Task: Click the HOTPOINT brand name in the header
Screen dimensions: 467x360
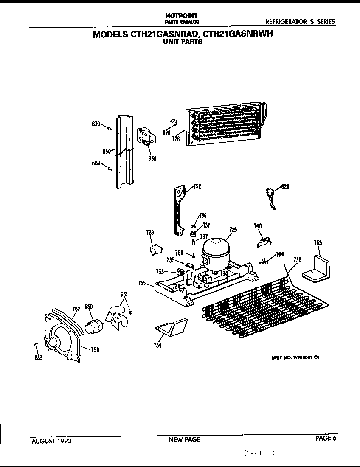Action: pos(182,16)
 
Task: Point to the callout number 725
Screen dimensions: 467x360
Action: pos(233,230)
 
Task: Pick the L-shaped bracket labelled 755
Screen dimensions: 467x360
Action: pos(318,268)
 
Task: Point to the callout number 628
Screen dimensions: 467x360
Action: pos(285,186)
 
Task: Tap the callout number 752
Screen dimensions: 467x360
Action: pos(197,186)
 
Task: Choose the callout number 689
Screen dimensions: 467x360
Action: pos(96,163)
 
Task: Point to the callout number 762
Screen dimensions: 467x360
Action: pos(76,309)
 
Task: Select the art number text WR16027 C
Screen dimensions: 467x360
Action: pos(295,357)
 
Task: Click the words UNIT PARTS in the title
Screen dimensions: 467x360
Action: pos(183,42)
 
